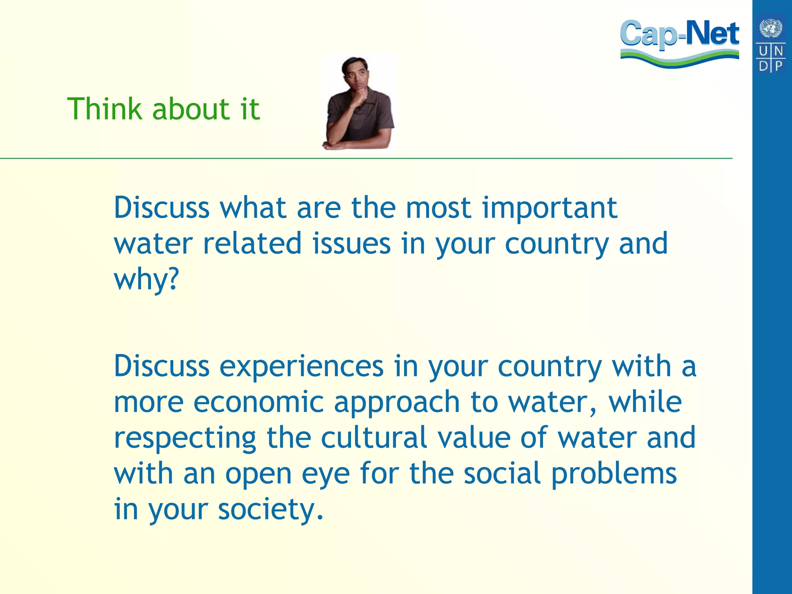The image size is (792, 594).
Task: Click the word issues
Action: [x=352, y=244]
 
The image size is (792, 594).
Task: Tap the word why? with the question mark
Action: [x=147, y=280]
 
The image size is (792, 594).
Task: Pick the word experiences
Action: [x=302, y=366]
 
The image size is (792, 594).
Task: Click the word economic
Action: [x=258, y=402]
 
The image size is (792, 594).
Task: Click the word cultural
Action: [x=374, y=437]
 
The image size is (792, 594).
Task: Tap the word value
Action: [x=474, y=437]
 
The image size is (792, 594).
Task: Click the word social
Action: [x=502, y=473]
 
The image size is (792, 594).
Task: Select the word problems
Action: [x=614, y=474]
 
